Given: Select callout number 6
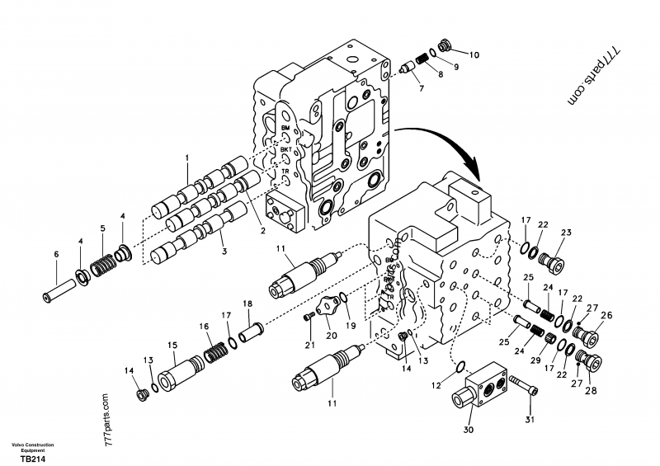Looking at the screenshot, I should click(56, 255).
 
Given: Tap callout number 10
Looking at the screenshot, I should click(474, 55).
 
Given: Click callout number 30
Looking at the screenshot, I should click(469, 429).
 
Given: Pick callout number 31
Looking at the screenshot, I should click(530, 420).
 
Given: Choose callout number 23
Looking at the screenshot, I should click(566, 232).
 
